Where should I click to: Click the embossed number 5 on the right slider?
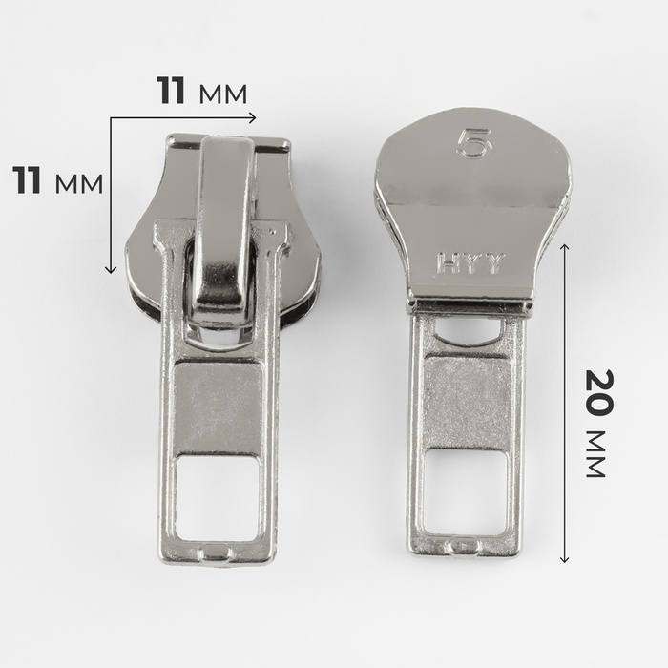click(x=474, y=143)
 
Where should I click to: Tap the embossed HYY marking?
click(x=471, y=263)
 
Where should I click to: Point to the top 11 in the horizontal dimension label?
click(x=171, y=91)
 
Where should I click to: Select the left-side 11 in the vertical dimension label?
click(x=27, y=180)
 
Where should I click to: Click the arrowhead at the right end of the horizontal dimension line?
click(x=253, y=117)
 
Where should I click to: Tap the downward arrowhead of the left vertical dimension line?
click(x=111, y=269)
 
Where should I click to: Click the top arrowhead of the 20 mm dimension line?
click(x=565, y=247)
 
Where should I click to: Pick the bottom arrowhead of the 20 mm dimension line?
click(x=565, y=558)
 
